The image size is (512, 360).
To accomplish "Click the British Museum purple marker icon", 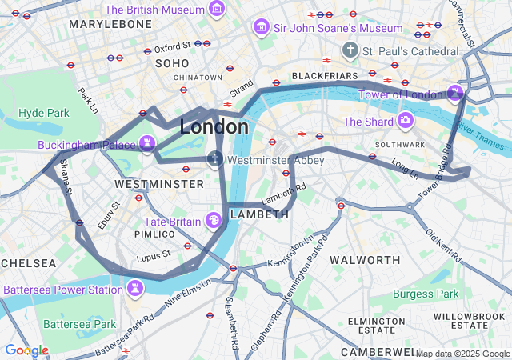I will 216,10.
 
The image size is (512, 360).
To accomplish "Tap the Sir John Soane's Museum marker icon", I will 261,28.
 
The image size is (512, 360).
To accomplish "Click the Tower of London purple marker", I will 455,93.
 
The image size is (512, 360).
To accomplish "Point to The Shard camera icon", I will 406,121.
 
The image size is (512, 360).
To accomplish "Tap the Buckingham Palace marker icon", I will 146,144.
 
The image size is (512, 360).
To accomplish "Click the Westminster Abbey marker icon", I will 214,158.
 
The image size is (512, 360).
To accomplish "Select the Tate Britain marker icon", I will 214,220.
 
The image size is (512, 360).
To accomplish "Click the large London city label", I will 214,127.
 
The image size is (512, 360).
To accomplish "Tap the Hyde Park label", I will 44,113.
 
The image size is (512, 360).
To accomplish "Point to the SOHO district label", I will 172,63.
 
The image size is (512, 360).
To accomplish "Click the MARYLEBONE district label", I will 110,25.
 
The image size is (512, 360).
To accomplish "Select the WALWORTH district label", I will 365,260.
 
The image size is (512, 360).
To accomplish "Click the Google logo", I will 26,350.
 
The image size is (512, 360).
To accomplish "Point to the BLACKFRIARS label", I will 323,76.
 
